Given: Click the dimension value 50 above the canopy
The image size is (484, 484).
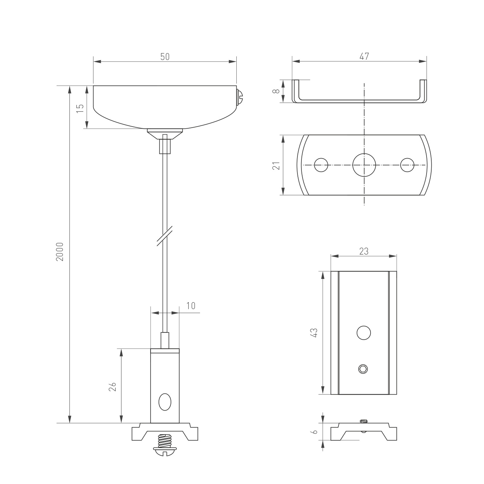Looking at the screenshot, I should (x=165, y=57).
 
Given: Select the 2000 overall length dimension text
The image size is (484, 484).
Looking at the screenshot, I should (x=60, y=251).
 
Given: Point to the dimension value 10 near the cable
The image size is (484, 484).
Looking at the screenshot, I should (x=191, y=306).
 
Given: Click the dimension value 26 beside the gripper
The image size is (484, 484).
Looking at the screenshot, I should (x=112, y=386).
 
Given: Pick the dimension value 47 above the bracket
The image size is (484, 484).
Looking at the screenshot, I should (x=364, y=56).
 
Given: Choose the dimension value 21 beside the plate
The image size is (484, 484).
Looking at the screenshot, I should (x=277, y=165).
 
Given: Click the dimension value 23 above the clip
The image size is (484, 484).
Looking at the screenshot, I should (x=364, y=251).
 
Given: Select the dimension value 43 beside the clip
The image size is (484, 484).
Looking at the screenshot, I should (x=315, y=333).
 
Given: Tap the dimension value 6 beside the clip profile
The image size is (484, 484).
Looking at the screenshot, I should (x=315, y=432).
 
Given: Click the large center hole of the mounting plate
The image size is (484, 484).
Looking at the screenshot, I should (x=364, y=165).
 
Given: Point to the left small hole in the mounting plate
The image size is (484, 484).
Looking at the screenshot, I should (x=321, y=165).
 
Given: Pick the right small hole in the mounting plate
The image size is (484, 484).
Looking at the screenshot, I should (x=407, y=165).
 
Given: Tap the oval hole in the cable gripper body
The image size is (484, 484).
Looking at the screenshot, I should (x=165, y=402).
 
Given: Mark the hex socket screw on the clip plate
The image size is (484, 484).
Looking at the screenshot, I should (x=363, y=369).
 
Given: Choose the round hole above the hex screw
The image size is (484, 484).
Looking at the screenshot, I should (x=364, y=333).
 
